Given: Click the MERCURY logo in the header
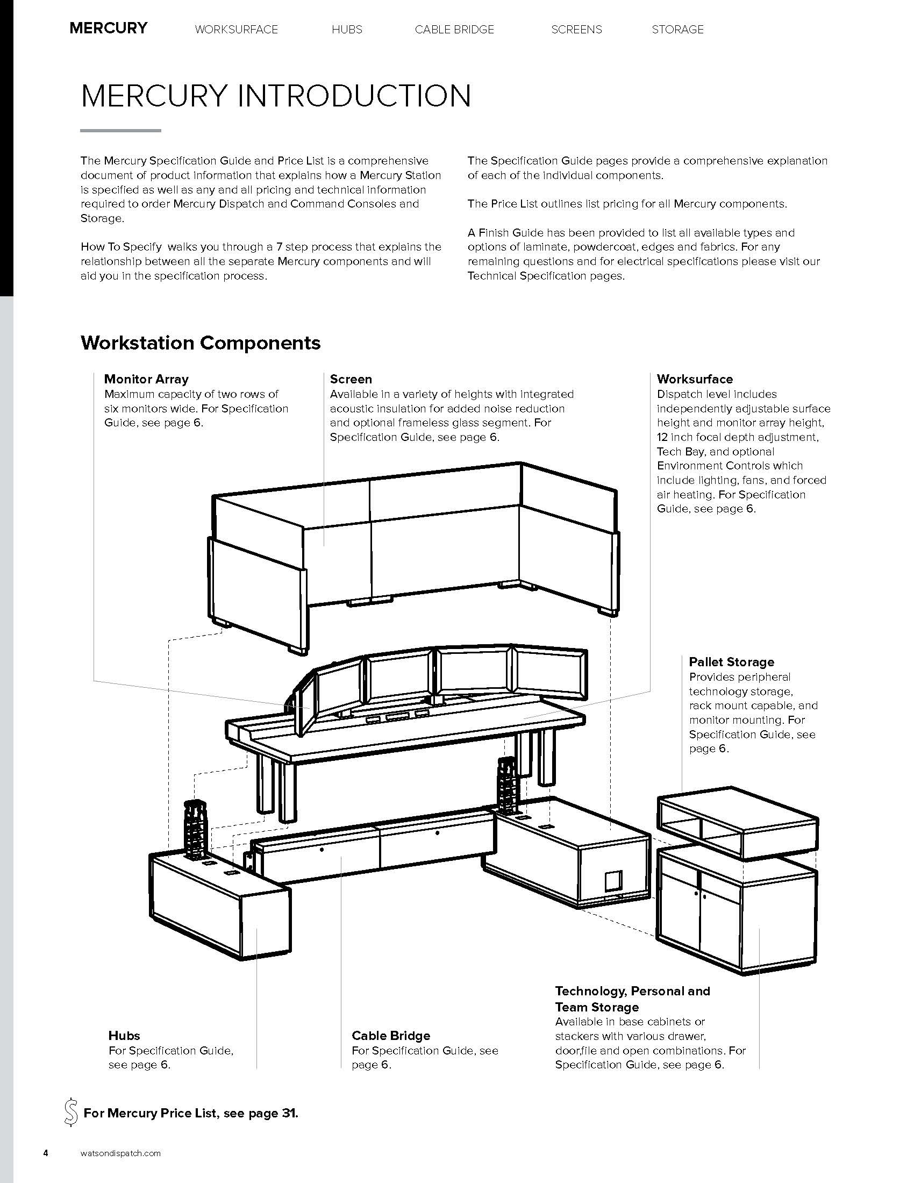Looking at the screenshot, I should pos(108,28).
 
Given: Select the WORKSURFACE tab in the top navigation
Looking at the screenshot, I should pos(236,29).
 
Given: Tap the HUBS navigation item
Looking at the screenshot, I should pos(347,29).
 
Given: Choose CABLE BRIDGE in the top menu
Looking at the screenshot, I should pos(454,29).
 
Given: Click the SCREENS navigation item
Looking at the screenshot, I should pos(576,29).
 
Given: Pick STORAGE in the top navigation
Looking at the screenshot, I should pos(677,29).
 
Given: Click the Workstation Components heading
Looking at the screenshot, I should pos(201,343).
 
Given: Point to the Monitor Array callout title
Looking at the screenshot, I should pos(146,379).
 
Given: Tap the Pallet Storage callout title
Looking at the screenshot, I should pos(731,662).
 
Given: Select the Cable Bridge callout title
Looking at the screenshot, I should pos(390,1036).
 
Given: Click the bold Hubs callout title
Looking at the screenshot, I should pos(124,1036).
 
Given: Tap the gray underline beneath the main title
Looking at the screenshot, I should pos(120,131).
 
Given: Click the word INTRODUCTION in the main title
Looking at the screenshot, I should pos(354,96).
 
